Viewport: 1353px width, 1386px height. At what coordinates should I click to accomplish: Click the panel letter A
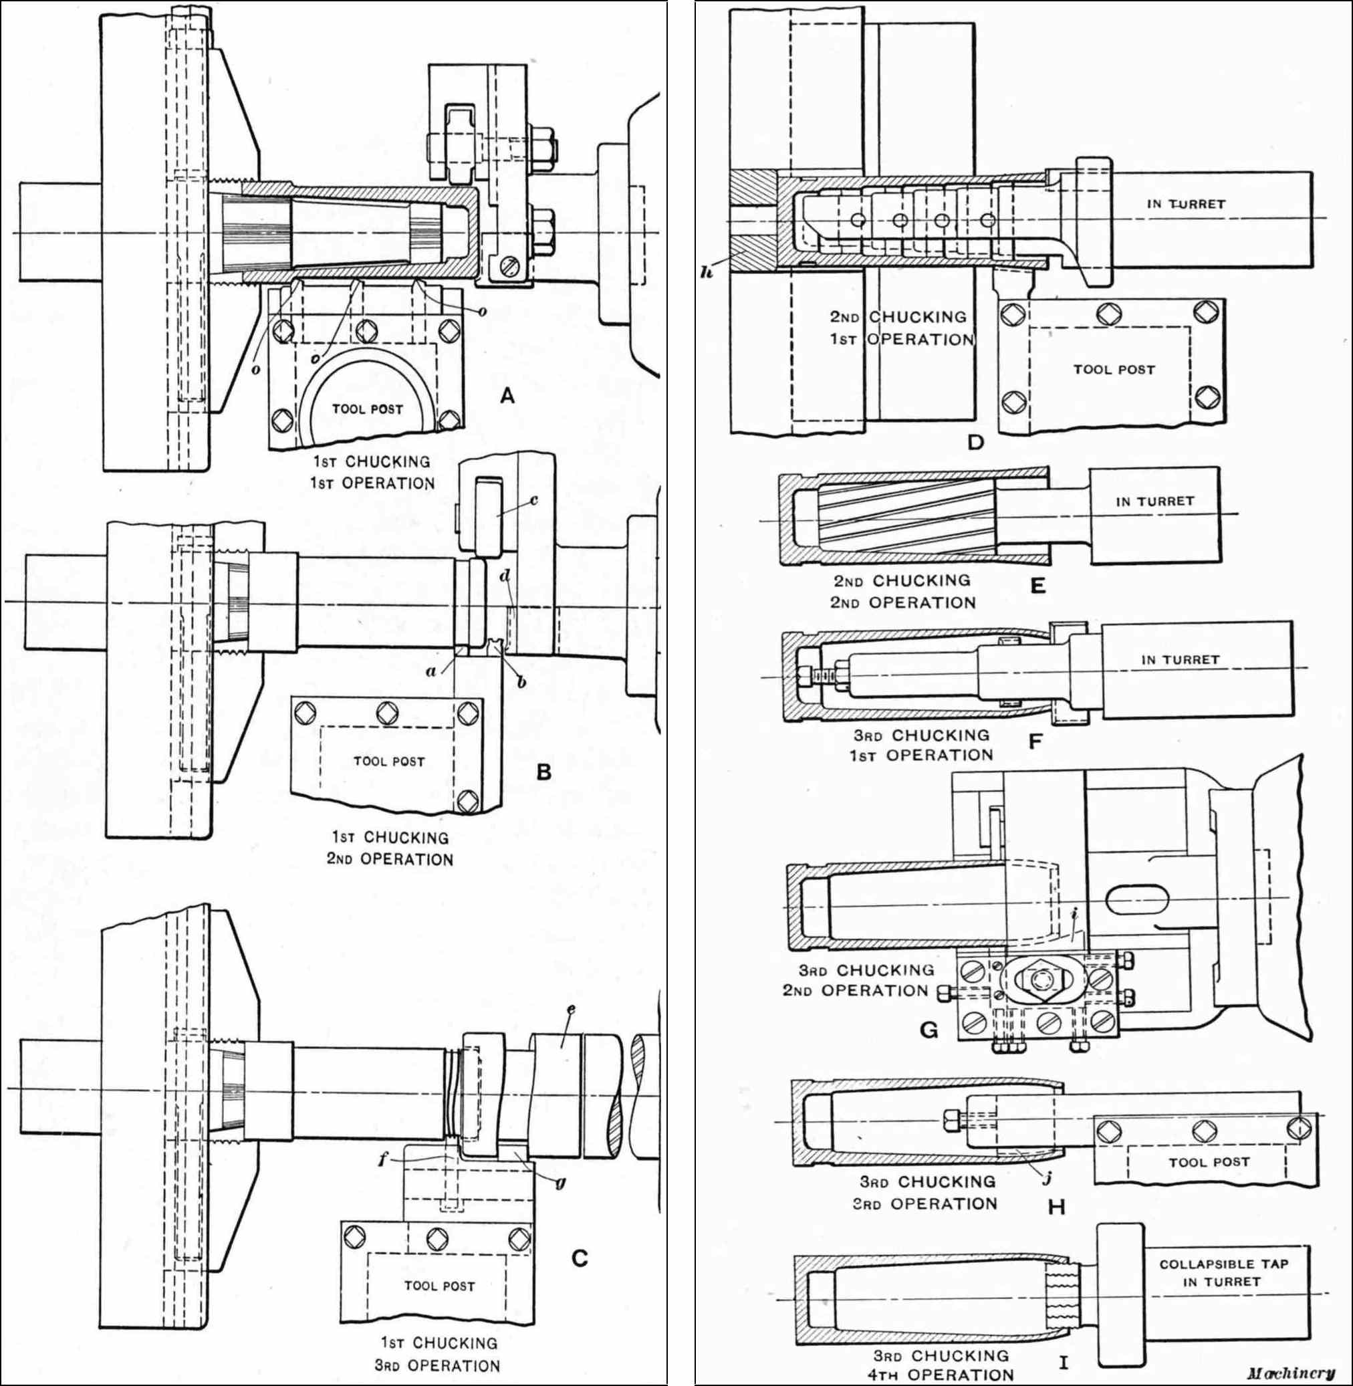507,396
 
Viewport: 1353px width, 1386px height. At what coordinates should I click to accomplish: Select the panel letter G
929,1029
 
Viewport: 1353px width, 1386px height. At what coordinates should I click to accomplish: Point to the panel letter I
1063,1362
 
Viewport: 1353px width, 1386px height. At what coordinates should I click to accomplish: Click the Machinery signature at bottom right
1290,1373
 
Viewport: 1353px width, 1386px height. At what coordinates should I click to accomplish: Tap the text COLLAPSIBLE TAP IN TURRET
1224,1273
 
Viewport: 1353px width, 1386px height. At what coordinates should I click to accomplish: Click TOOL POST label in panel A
368,409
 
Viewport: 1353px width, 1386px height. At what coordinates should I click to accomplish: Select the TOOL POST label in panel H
1209,1162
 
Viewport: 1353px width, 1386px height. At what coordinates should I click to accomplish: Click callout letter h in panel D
707,272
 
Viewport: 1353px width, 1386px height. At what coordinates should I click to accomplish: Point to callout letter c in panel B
533,499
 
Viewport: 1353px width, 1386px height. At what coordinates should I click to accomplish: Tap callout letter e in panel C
571,1010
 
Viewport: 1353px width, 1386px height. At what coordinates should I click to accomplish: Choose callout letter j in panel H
1047,1179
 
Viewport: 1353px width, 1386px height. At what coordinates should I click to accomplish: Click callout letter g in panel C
560,1183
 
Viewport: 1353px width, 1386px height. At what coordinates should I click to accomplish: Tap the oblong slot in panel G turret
1138,899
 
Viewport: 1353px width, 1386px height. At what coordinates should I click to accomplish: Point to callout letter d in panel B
505,576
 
